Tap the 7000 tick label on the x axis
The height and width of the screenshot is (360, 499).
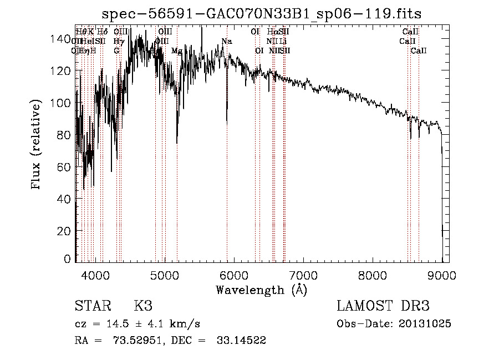pyautogui.click(x=303, y=274)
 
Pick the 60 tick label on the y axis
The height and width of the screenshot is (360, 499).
pyautogui.click(x=65, y=167)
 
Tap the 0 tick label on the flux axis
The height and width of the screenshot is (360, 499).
pyautogui.click(x=68, y=258)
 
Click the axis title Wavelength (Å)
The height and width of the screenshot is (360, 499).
pyautogui.click(x=261, y=290)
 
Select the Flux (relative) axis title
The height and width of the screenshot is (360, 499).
pyautogui.click(x=37, y=146)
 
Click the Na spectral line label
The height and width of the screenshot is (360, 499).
pyautogui.click(x=226, y=42)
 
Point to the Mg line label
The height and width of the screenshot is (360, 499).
pyautogui.click(x=176, y=51)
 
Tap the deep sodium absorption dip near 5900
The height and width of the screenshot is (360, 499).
pyautogui.click(x=226, y=116)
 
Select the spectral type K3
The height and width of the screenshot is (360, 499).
pyautogui.click(x=142, y=306)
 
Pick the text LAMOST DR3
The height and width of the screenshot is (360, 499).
pyautogui.click(x=383, y=306)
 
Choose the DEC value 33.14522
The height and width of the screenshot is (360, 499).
pyautogui.click(x=241, y=341)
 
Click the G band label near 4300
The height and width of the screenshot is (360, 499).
pyautogui.click(x=116, y=51)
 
